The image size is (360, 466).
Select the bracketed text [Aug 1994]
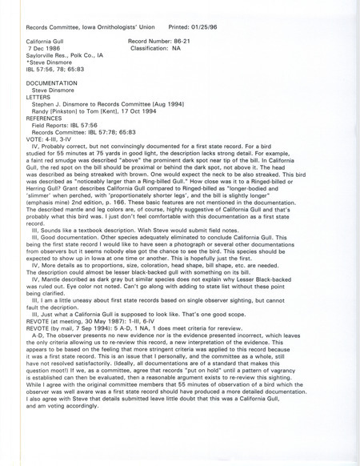177,104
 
